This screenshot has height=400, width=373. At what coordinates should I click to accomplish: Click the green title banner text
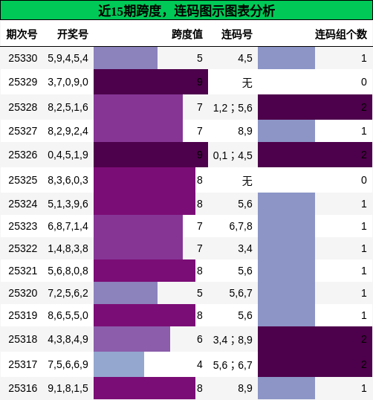tap(186, 10)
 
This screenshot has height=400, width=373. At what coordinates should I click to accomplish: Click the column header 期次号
tap(22, 34)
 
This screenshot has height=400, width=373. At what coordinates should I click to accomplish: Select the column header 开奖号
tap(72, 34)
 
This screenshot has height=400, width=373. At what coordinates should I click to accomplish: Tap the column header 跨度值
tap(186, 34)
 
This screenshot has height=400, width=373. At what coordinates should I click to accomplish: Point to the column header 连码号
tap(236, 34)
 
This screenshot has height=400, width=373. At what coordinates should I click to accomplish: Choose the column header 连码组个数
tap(340, 34)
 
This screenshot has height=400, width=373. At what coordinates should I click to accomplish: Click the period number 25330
tap(23, 58)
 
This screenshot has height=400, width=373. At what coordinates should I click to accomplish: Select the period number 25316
tap(23, 387)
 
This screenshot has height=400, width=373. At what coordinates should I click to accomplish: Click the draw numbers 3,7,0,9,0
tap(68, 82)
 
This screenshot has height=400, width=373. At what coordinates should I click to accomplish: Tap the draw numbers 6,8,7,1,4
tap(68, 226)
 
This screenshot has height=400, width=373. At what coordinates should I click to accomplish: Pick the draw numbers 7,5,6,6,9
tap(68, 364)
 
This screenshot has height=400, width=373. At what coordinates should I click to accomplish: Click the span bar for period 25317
tap(119, 364)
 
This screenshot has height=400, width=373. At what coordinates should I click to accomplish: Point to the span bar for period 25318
tap(132, 339)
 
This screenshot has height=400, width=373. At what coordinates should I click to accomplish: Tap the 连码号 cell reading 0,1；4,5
tap(233, 155)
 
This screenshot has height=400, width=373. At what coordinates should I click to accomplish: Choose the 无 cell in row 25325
tap(247, 180)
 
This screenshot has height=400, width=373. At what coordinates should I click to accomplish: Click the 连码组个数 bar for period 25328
tap(314, 107)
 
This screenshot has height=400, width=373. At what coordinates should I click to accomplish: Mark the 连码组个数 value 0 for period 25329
tap(363, 82)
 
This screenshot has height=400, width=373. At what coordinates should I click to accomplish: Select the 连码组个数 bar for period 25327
tap(286, 131)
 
